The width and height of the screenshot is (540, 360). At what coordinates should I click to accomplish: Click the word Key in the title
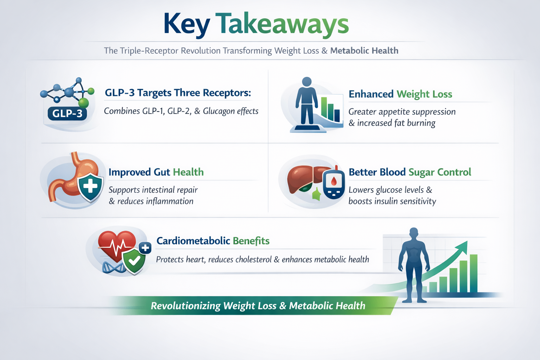click(x=186, y=24)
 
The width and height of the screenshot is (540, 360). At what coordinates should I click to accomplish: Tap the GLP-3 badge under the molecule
click(x=67, y=113)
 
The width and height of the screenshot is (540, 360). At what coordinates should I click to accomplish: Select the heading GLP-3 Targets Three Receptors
click(x=178, y=93)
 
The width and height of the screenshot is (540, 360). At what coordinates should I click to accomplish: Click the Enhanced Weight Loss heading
click(x=400, y=94)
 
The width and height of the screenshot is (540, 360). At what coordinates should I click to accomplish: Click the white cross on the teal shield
click(x=90, y=186)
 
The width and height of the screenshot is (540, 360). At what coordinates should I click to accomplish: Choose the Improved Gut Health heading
click(x=156, y=172)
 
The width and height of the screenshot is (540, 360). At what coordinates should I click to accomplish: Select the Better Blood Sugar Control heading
click(x=410, y=172)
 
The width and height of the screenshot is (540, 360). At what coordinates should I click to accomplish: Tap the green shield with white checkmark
click(x=134, y=261)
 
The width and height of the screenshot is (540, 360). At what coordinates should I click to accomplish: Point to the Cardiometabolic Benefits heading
click(x=213, y=241)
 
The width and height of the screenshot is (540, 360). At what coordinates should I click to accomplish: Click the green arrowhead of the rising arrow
click(x=463, y=246)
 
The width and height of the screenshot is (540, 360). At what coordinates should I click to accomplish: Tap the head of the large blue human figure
click(x=414, y=233)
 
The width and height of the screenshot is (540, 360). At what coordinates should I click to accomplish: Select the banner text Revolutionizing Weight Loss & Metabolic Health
click(x=258, y=306)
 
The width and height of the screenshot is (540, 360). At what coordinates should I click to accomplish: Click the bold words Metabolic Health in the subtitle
click(x=364, y=51)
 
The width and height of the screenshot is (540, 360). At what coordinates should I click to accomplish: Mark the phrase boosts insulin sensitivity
click(x=392, y=201)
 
